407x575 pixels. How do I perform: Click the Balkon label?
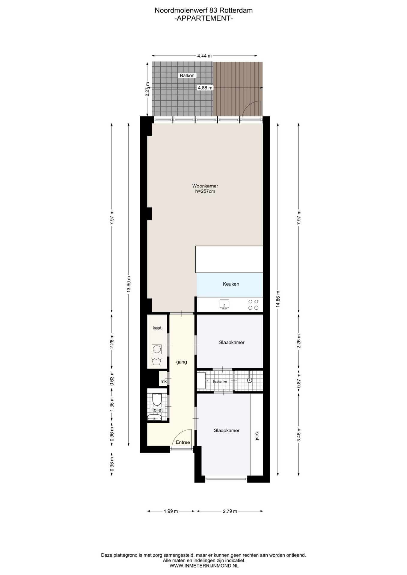(187, 75)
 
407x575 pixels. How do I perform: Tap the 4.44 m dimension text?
(204, 56)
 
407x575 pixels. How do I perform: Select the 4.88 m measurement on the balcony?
(205, 88)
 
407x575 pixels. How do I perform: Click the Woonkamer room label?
(205, 186)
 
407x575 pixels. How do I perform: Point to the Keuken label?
(231, 284)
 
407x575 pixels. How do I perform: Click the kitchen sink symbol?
(224, 304)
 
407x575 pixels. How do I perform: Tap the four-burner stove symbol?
(253, 305)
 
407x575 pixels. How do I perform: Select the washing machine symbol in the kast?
(157, 349)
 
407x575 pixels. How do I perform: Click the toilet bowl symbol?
(157, 400)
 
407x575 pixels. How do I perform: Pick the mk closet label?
(164, 381)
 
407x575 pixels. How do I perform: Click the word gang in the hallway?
(182, 362)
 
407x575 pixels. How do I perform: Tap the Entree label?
(183, 442)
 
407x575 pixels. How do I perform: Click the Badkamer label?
(220, 382)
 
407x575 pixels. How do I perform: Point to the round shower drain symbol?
(250, 380)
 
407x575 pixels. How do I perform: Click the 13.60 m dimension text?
(129, 284)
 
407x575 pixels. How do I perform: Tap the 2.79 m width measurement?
(230, 511)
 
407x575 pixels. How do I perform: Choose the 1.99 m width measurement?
(171, 511)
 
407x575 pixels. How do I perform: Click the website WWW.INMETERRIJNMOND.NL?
(204, 566)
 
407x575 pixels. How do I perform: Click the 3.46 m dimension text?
(299, 434)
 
